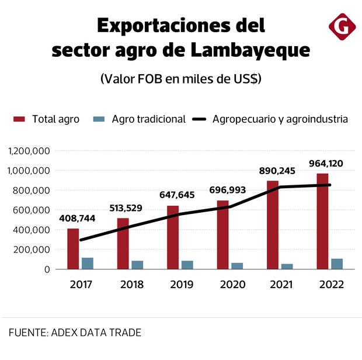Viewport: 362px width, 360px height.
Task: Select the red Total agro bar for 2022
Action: pyautogui.click(x=322, y=221)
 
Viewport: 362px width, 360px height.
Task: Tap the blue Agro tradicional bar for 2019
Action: pyautogui.click(x=187, y=265)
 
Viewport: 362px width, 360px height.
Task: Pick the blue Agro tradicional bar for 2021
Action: pyautogui.click(x=287, y=266)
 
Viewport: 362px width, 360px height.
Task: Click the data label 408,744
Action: pyautogui.click(x=79, y=219)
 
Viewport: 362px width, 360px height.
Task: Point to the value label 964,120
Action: pyautogui.click(x=328, y=163)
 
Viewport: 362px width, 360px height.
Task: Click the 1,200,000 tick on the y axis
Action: pyautogui.click(x=29, y=151)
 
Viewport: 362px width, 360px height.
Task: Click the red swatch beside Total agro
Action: pyautogui.click(x=19, y=119)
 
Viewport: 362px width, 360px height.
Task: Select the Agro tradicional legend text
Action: pyautogui.click(x=148, y=119)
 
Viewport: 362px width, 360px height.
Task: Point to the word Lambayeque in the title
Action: pyautogui.click(x=250, y=51)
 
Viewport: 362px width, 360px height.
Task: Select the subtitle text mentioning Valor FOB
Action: pyautogui.click(x=180, y=79)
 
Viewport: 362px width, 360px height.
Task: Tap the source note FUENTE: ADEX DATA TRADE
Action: pyautogui.click(x=75, y=333)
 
